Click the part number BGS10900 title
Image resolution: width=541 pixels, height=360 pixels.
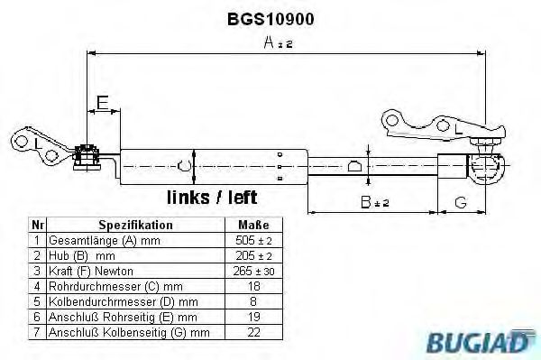tap(270, 17)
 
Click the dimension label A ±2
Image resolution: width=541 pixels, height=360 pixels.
tap(278, 42)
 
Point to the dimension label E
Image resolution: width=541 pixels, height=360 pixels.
tap(103, 103)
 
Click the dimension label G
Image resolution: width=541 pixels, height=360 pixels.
tap(460, 203)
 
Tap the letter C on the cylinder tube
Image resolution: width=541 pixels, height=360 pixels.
tap(185, 165)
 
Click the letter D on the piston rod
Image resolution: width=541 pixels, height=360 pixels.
tap(354, 165)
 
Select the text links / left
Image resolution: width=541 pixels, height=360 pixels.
tap(212, 197)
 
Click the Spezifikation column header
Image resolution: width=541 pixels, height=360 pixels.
tap(135, 225)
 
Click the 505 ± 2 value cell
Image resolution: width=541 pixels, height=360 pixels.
tap(253, 240)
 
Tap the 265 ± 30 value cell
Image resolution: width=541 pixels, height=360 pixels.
tap(253, 270)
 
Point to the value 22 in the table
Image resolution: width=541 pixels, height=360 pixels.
tap(253, 331)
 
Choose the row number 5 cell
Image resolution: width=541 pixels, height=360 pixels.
tap(37, 300)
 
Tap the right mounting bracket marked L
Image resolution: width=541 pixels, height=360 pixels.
tap(424, 126)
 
